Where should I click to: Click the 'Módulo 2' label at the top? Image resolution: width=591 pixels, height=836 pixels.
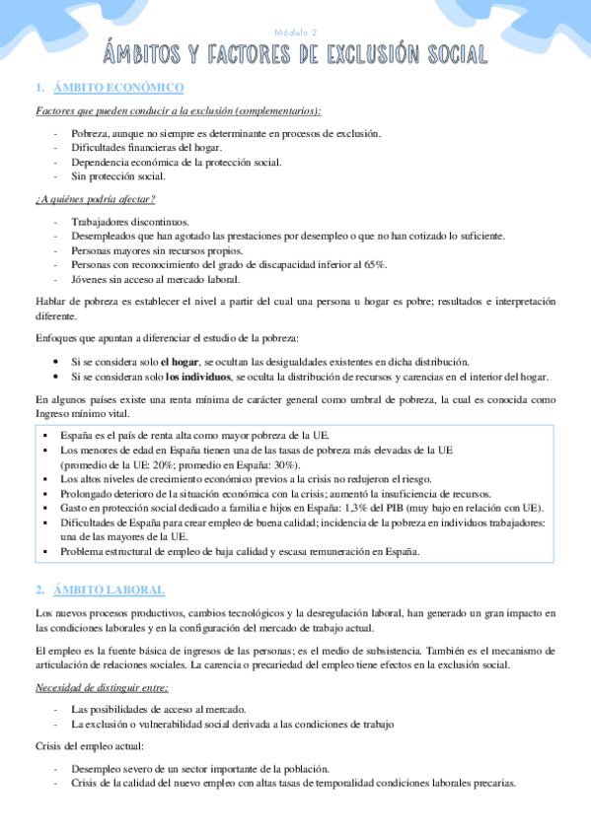click(295, 31)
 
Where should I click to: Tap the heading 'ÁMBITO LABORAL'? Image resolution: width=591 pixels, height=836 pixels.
click(111, 590)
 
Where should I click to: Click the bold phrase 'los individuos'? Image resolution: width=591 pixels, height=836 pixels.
click(199, 378)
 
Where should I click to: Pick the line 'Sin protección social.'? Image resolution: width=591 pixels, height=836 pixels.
click(118, 177)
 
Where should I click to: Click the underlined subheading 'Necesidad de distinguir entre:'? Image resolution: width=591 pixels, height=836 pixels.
click(102, 687)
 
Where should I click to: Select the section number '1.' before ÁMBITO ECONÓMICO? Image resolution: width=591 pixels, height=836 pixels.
click(39, 88)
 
